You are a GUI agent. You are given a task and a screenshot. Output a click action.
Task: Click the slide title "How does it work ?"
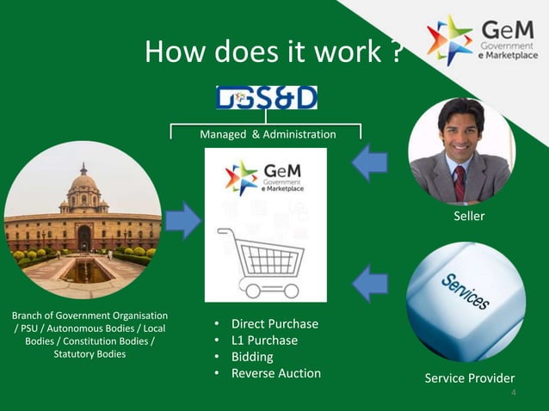[x=274, y=53]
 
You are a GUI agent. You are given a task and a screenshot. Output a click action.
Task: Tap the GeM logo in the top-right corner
[x=482, y=40]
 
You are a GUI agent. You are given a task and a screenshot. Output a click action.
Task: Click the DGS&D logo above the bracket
[x=267, y=97]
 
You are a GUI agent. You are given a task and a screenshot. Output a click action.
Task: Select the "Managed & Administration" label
[x=268, y=134]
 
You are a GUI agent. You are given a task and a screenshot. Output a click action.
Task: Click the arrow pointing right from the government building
[x=182, y=221]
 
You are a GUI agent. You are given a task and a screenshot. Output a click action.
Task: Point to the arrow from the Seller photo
[x=370, y=163]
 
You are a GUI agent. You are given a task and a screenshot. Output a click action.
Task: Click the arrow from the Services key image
[x=370, y=284]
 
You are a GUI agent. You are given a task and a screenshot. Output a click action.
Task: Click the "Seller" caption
[x=469, y=217]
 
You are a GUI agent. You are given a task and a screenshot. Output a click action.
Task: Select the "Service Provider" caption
[x=470, y=378]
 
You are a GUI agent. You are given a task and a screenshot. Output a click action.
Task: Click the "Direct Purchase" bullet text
[x=274, y=324]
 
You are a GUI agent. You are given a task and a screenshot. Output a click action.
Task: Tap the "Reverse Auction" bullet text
[x=275, y=373]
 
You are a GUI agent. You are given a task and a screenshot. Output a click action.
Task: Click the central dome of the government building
[x=83, y=181]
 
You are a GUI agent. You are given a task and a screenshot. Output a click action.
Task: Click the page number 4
[x=514, y=394]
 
